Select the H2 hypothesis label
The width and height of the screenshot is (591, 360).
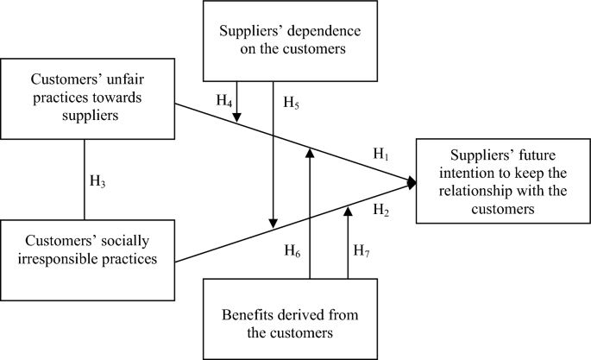tap(380, 210)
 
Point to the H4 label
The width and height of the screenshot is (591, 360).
tap(224, 102)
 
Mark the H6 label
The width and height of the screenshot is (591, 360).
tap(294, 251)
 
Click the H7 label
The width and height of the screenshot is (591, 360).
tap(363, 251)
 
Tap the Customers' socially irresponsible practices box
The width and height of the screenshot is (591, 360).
tap(87, 248)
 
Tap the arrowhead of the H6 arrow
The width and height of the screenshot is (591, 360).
tap(309, 151)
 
